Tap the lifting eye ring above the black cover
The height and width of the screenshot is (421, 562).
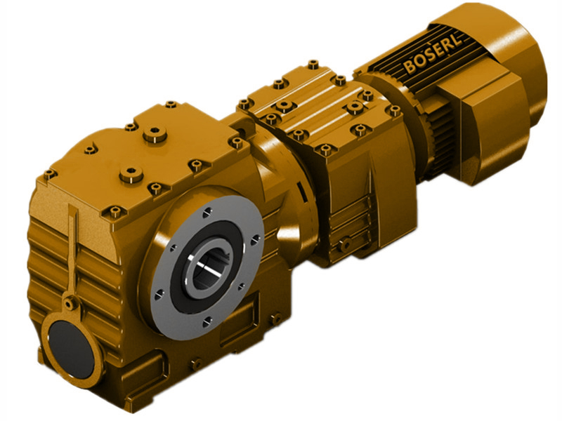point(70,304)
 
